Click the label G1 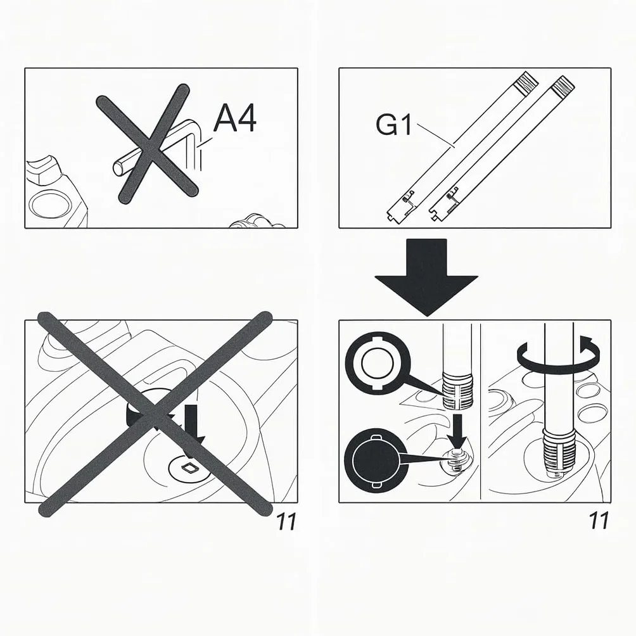394,125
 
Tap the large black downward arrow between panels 426,277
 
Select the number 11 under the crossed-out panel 286,521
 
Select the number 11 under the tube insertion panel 599,521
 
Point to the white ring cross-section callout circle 377,362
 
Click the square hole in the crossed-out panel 189,467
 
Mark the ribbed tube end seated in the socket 559,451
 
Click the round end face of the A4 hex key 118,169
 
